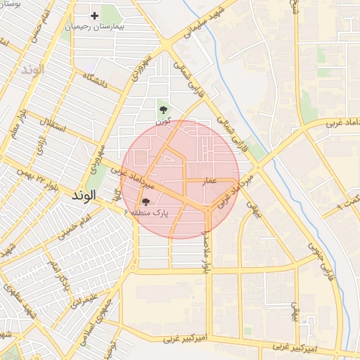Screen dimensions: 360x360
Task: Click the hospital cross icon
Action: coord(95,15)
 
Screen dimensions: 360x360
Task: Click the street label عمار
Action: coord(214,181)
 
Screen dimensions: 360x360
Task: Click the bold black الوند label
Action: coord(87,198)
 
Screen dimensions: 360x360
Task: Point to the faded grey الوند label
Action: coord(32,70)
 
